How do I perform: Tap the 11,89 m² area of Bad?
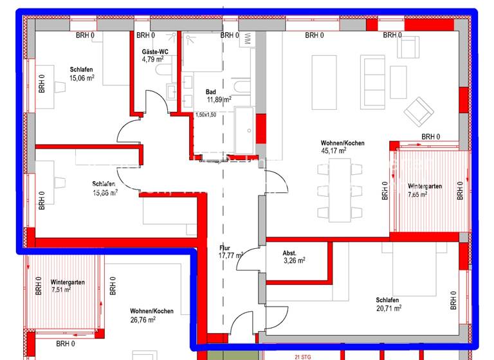(217, 100)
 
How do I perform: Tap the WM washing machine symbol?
(248, 39)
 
